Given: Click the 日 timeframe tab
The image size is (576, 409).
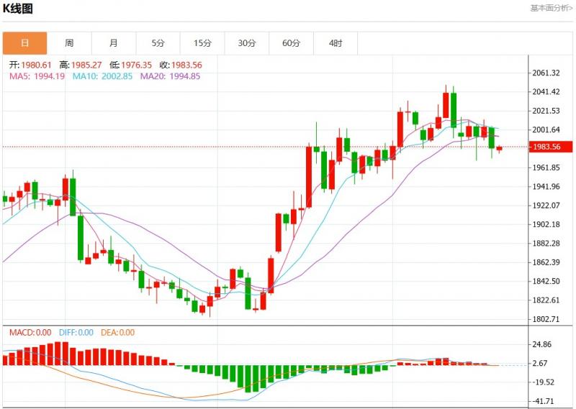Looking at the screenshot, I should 24,43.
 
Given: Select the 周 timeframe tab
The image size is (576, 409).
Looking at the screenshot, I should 69,43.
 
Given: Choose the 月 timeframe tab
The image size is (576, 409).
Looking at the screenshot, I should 114,43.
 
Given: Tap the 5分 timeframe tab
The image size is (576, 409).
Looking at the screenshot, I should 158,43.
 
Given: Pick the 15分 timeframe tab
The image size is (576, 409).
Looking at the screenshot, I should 202,43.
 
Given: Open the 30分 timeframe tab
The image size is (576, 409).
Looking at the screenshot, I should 247,43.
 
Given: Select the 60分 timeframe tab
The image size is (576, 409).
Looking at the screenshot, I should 291,43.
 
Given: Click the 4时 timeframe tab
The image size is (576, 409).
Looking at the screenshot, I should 336,43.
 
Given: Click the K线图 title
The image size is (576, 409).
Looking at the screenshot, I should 19,9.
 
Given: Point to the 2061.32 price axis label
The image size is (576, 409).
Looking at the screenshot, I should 546,73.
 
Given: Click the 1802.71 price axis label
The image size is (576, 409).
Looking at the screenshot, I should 546,319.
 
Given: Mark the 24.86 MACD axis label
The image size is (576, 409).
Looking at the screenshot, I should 541,345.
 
